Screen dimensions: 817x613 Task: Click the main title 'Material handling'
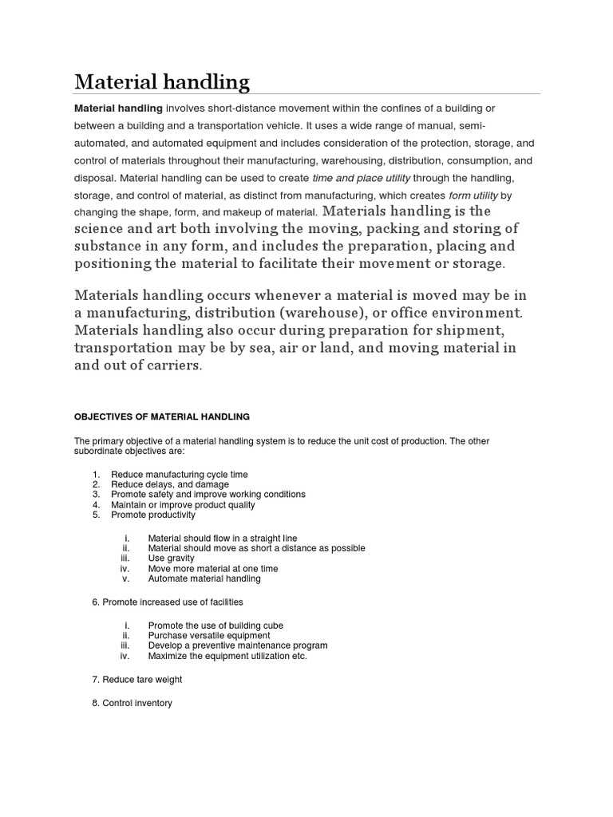point(161,81)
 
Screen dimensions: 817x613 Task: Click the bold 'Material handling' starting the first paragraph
point(118,108)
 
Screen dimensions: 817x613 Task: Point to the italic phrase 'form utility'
point(472,195)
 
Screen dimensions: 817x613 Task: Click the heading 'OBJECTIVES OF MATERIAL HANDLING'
point(162,416)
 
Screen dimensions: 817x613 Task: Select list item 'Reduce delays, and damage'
point(169,484)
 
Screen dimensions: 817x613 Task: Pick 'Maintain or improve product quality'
point(183,505)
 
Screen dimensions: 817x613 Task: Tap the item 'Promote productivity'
point(152,515)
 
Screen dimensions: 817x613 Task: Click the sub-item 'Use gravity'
point(172,558)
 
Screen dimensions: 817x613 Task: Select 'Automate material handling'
point(204,579)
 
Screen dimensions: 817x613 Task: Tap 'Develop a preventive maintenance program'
point(237,645)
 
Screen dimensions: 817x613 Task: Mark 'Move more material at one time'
point(213,569)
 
